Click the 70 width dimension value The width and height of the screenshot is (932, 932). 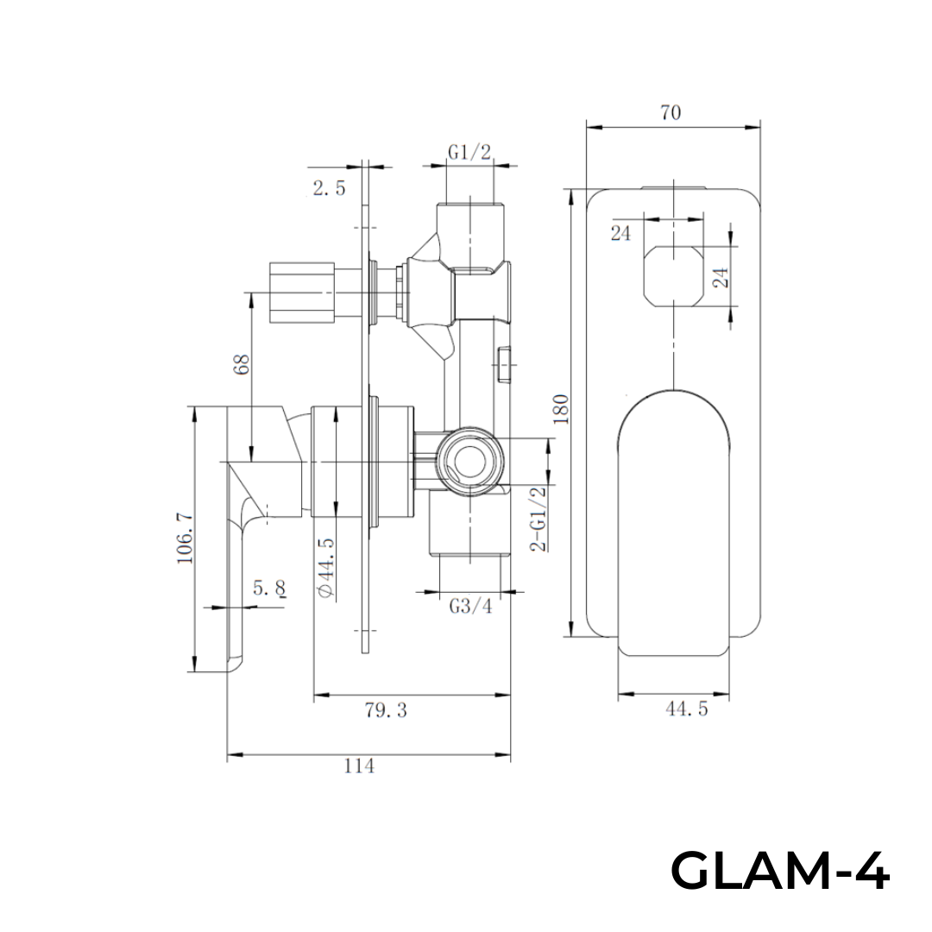[671, 112]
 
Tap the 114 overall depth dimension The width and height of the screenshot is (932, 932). [359, 766]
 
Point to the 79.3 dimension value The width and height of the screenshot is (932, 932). [386, 710]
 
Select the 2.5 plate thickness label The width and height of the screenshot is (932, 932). [329, 188]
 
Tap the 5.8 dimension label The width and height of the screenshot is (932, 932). [269, 589]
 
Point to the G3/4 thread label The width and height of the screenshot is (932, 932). [470, 606]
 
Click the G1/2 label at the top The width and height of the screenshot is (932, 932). [469, 152]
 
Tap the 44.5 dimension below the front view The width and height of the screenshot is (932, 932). [687, 709]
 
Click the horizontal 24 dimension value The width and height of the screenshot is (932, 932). [620, 233]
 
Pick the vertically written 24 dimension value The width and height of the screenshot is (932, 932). [721, 276]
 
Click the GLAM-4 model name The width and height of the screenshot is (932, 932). [779, 871]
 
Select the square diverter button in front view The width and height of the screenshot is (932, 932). [673, 275]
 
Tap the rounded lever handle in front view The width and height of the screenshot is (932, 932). [673, 522]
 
